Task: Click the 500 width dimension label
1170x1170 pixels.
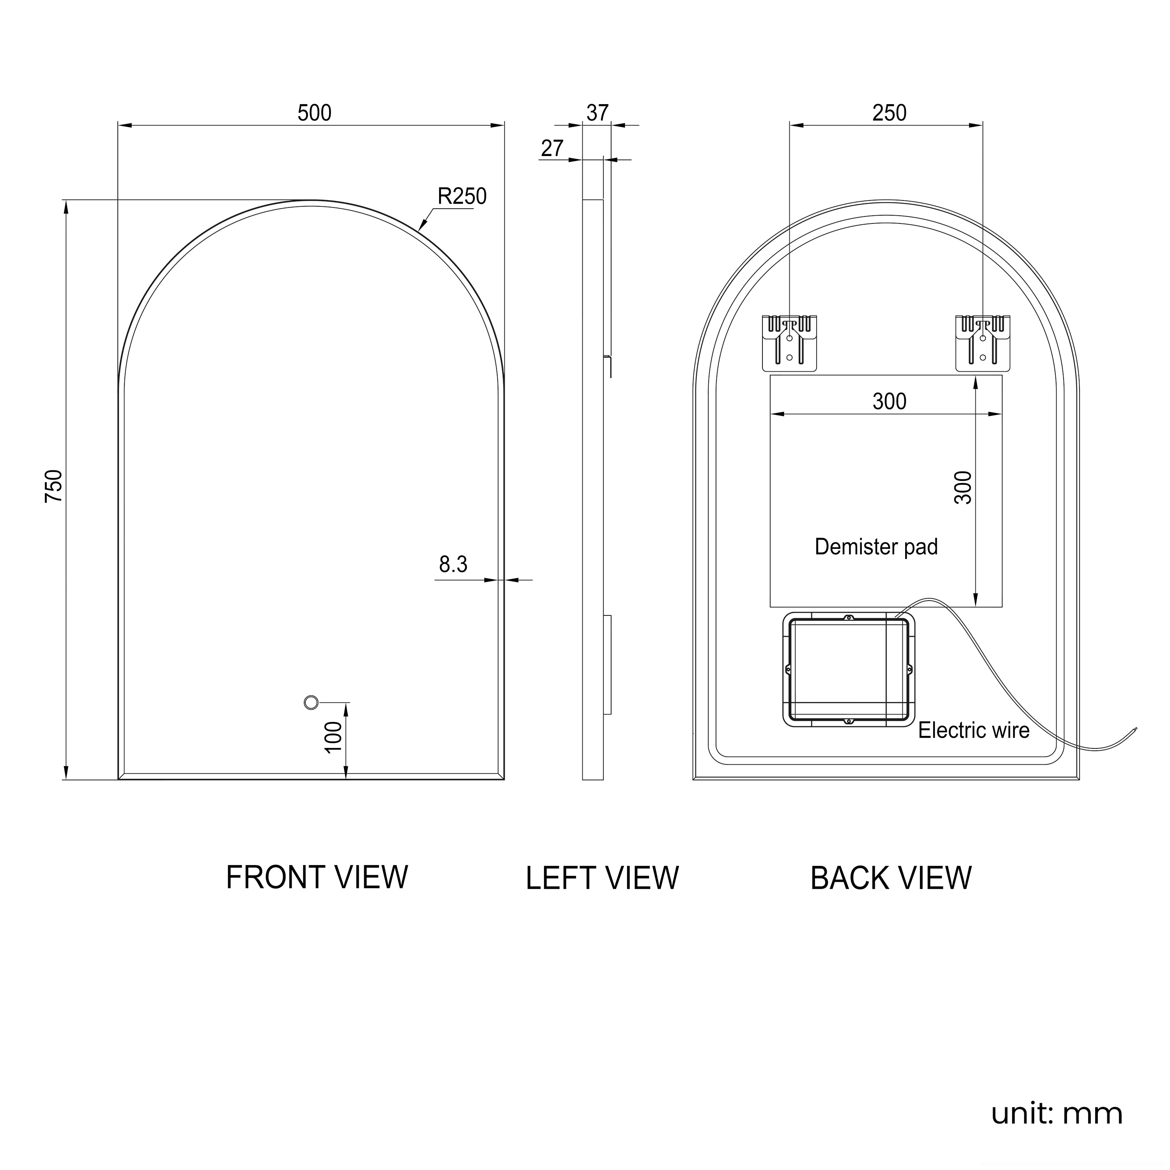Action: click(x=314, y=113)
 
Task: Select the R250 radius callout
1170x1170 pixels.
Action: click(x=462, y=196)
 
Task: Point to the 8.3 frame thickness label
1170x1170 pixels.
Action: click(x=453, y=564)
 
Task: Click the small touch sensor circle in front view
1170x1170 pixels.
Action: click(x=311, y=702)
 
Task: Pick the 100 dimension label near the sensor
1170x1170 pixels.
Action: click(x=334, y=737)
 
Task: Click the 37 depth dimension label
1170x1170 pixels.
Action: click(x=597, y=113)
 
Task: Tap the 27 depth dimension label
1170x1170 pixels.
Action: click(x=552, y=148)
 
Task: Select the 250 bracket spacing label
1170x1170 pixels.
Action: click(x=889, y=113)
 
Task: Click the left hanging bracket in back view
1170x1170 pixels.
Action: click(x=789, y=343)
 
